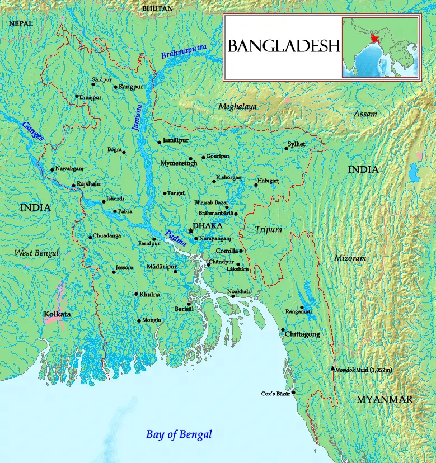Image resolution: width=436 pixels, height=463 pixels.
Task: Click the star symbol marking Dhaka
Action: [x=191, y=230]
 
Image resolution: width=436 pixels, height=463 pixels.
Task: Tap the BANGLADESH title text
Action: [x=284, y=46]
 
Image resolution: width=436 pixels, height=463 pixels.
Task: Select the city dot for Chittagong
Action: [x=283, y=330]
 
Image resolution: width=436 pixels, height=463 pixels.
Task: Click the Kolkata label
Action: [x=57, y=315]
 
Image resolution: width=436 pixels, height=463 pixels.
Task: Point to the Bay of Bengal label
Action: [x=179, y=434]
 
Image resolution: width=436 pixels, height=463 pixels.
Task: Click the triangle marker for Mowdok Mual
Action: [x=333, y=368]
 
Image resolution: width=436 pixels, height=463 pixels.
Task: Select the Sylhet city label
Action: [x=296, y=144]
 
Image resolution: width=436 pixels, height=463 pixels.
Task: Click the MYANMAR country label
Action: [x=385, y=399]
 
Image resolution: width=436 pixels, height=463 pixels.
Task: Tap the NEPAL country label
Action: [x=21, y=24]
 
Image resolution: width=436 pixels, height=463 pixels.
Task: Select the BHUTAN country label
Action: [x=157, y=8]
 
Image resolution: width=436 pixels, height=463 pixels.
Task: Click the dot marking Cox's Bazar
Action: [x=293, y=393]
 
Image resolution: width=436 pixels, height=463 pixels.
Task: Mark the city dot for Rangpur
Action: [x=115, y=87]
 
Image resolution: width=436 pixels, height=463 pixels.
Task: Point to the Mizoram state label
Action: [x=350, y=258]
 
